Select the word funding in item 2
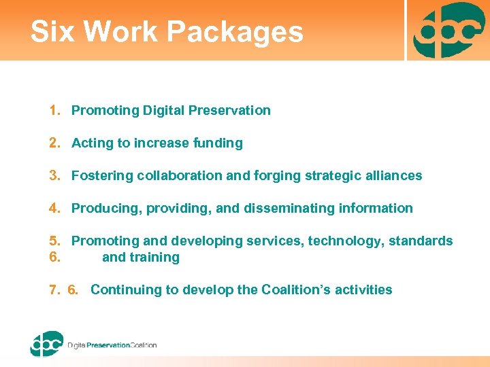218,143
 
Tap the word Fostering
102,175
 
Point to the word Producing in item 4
103,208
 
